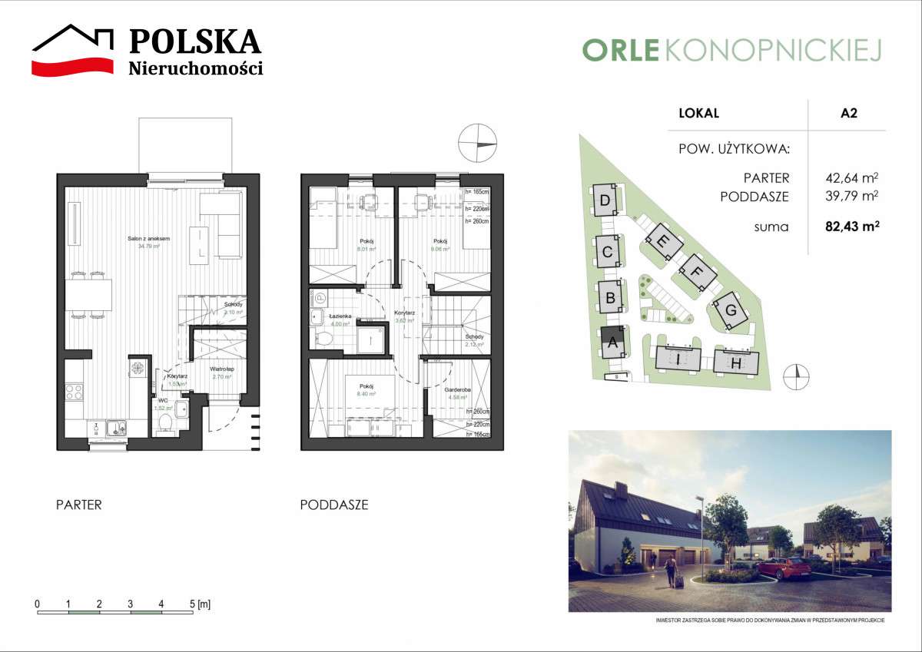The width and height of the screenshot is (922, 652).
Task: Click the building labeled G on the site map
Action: point(731,312)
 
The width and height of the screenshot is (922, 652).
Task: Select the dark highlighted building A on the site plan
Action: point(612,343)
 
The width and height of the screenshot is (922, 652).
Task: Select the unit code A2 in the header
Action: point(848,114)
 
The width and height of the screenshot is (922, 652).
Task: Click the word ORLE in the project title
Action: point(621,50)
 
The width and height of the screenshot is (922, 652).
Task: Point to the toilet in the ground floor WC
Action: point(164,422)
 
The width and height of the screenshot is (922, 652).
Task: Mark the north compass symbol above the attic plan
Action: point(476,144)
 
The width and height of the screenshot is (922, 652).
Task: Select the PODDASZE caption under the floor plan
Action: point(333,505)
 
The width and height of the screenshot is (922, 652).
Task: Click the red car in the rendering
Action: point(782,569)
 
